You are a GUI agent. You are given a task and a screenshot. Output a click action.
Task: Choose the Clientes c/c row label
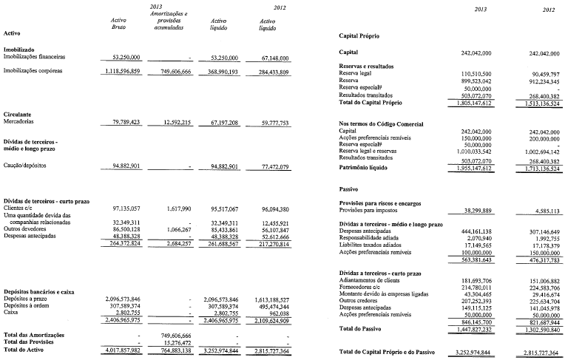22,208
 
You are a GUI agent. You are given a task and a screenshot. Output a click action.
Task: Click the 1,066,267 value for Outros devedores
178,230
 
